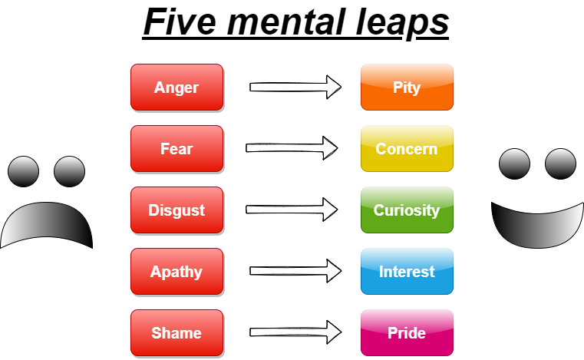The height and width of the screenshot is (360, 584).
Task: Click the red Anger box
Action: [x=177, y=87]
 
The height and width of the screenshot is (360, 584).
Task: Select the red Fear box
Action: [x=177, y=148]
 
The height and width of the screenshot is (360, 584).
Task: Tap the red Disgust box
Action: [x=177, y=210]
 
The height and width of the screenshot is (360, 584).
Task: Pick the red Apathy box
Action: [x=177, y=271]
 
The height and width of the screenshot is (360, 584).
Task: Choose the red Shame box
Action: [x=177, y=332]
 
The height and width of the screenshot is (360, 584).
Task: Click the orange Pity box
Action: [x=407, y=87]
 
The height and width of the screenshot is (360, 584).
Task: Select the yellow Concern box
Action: [x=407, y=148]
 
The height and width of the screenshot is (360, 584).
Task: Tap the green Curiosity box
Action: [x=407, y=210]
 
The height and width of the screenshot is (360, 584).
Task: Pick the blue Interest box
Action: [x=407, y=271]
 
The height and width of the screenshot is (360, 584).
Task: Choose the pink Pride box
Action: [x=407, y=332]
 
